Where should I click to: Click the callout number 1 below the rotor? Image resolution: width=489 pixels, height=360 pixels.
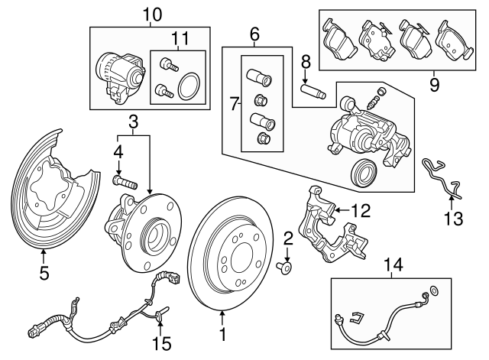(x=223, y=333)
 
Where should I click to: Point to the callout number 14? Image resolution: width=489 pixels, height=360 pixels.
(x=393, y=264)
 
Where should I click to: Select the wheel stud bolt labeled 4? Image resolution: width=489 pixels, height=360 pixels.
(x=123, y=182)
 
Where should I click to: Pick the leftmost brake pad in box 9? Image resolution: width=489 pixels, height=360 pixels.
(x=336, y=41)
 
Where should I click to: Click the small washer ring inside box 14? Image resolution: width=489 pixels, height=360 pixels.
(x=436, y=291)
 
